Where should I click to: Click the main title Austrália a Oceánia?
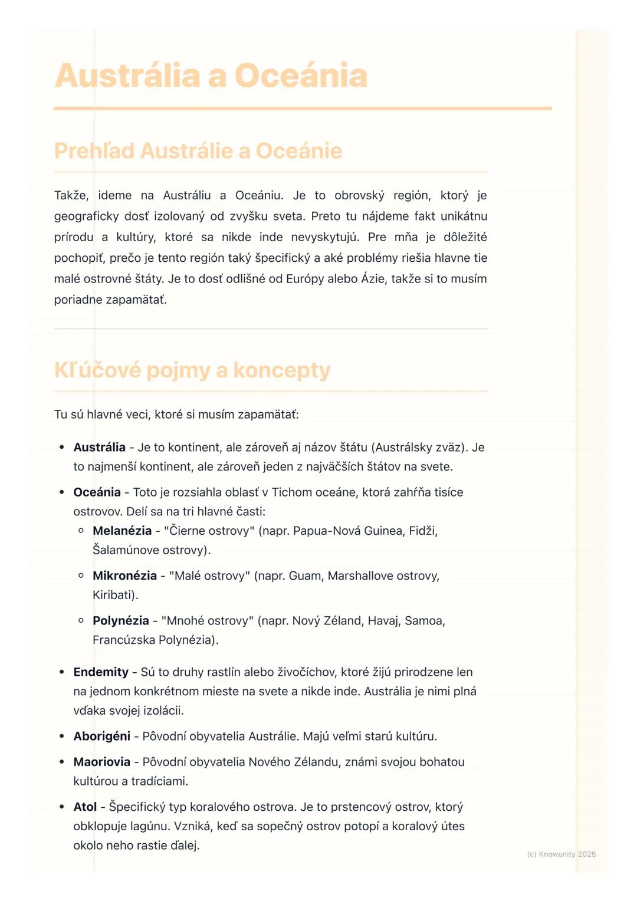[211, 76]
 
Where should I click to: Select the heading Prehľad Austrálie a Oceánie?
[198, 151]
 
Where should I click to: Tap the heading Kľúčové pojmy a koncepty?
[192, 370]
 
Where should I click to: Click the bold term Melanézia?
[122, 531]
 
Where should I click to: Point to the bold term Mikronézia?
[124, 576]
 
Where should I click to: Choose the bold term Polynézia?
[121, 620]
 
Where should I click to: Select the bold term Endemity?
[101, 672]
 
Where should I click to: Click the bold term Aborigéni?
[102, 736]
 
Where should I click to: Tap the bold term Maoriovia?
[102, 762]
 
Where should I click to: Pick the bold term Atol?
[85, 807]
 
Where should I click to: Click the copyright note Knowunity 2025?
[561, 854]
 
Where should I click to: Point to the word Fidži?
[422, 531]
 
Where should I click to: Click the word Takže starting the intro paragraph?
[71, 195]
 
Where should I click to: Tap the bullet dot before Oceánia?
[62, 492]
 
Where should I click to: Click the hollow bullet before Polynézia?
[81, 620]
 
